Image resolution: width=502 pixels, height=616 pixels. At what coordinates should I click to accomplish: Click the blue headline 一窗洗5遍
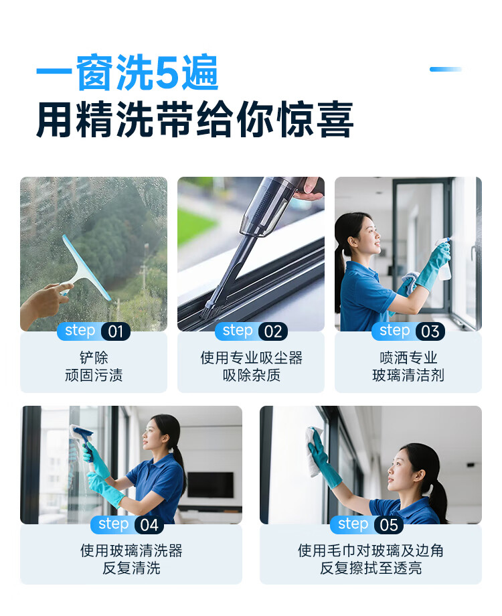[127, 72]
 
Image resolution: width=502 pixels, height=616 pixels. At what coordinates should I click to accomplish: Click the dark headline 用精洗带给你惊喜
[195, 119]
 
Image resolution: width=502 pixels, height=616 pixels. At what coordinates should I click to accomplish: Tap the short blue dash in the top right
[445, 69]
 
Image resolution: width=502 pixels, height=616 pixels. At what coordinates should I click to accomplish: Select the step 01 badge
[94, 331]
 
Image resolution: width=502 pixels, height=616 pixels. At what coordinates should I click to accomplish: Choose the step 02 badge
[251, 331]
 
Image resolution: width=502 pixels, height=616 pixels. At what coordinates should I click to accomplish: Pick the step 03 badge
[408, 331]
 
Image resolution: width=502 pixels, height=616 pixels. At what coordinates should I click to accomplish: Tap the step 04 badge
[127, 524]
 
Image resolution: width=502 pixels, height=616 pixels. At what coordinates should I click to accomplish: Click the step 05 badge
[367, 524]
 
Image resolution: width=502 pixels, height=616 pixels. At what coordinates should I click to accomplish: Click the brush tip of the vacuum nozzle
[211, 311]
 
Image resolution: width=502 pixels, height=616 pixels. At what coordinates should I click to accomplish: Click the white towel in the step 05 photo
[313, 452]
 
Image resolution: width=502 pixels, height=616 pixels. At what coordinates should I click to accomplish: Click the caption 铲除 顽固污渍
[94, 366]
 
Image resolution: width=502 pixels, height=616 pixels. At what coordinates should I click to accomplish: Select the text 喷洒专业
[408, 358]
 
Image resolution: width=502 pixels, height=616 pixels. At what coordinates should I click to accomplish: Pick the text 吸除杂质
[251, 375]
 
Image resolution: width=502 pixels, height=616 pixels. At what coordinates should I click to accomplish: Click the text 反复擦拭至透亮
[370, 568]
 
